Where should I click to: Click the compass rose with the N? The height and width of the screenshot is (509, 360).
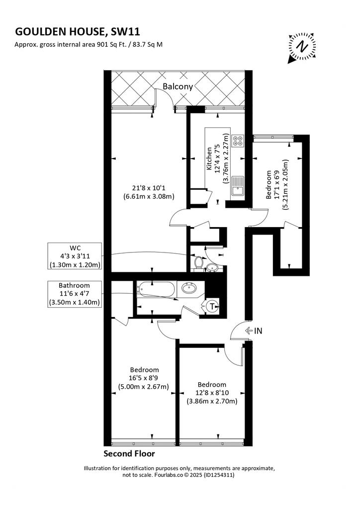(x=302, y=47)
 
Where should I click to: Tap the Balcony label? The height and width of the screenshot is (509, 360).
(x=178, y=86)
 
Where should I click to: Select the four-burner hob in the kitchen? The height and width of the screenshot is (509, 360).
(x=237, y=140)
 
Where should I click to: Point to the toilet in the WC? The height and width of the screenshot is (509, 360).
(x=198, y=261)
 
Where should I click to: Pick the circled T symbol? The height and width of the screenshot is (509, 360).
(x=212, y=306)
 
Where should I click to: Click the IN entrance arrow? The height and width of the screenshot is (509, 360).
(x=249, y=331)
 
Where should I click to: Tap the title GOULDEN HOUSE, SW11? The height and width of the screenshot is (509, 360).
(x=78, y=32)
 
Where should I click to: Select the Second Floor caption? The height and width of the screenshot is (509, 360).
(x=129, y=453)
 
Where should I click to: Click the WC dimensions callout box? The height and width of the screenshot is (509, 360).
(x=75, y=256)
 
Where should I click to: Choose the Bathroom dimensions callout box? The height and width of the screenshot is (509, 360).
(x=75, y=294)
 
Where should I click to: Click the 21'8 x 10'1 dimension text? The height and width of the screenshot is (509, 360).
(x=149, y=192)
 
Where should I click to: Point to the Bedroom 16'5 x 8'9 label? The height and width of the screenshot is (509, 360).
(x=144, y=378)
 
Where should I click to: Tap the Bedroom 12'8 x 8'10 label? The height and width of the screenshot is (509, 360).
(x=212, y=393)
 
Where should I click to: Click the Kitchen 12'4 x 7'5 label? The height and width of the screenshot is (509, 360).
(x=217, y=159)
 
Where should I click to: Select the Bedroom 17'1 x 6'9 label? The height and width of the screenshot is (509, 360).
(x=277, y=185)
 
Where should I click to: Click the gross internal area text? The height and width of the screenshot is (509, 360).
(x=89, y=45)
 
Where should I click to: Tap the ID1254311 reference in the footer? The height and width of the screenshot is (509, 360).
(x=219, y=475)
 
